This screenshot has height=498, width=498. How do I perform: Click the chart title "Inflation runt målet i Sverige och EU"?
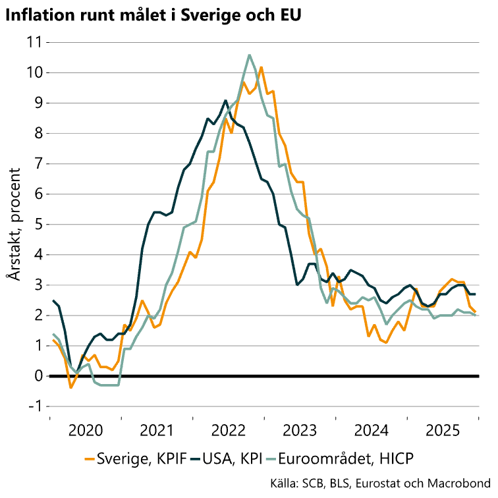pos(153,14)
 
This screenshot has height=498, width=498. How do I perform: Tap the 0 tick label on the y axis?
pos(37,376)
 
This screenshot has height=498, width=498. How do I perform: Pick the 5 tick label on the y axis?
pos(37,224)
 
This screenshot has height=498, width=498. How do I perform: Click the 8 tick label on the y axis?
pos(37,133)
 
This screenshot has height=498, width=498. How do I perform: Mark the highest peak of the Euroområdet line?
pos(250,55)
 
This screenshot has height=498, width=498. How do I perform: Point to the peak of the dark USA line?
pos(226,100)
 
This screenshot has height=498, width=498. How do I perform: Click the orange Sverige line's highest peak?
pos(261,67)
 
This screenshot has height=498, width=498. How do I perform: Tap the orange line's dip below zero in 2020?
pos(71,387)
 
